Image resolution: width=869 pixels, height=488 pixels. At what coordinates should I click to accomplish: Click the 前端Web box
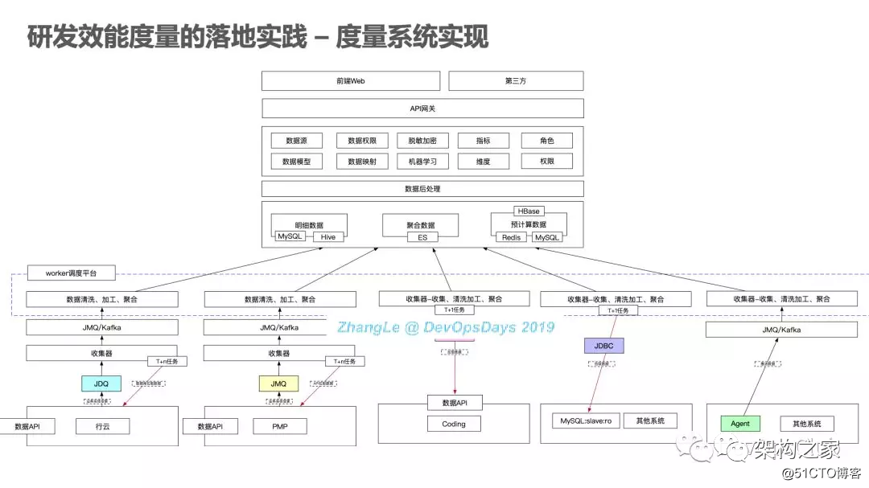351,81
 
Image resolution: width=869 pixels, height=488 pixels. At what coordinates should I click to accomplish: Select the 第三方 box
515,81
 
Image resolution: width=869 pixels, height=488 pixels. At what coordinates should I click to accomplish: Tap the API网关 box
422,109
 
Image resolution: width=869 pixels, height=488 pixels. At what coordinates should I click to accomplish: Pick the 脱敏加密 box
422,141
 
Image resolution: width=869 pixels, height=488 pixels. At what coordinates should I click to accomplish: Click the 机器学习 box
422,162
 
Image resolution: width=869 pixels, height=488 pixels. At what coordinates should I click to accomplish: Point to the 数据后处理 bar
422,189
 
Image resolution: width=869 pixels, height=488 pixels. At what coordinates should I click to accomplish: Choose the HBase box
529,211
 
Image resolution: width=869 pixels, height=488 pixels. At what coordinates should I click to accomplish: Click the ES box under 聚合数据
422,237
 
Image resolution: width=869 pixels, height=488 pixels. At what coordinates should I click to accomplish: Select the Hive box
328,237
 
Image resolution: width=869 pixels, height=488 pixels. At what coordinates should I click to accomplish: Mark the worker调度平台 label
71,273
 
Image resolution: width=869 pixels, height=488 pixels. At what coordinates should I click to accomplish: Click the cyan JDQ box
101,383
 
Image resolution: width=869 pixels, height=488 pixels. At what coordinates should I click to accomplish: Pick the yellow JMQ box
278,383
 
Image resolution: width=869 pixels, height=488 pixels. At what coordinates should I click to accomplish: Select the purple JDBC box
603,346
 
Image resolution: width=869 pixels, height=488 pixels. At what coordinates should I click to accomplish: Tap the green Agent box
740,424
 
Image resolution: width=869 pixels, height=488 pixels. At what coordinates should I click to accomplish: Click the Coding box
454,424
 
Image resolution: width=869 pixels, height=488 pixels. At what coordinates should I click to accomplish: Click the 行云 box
101,426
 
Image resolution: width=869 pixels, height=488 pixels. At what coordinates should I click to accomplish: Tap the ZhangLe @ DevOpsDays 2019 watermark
446,327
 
